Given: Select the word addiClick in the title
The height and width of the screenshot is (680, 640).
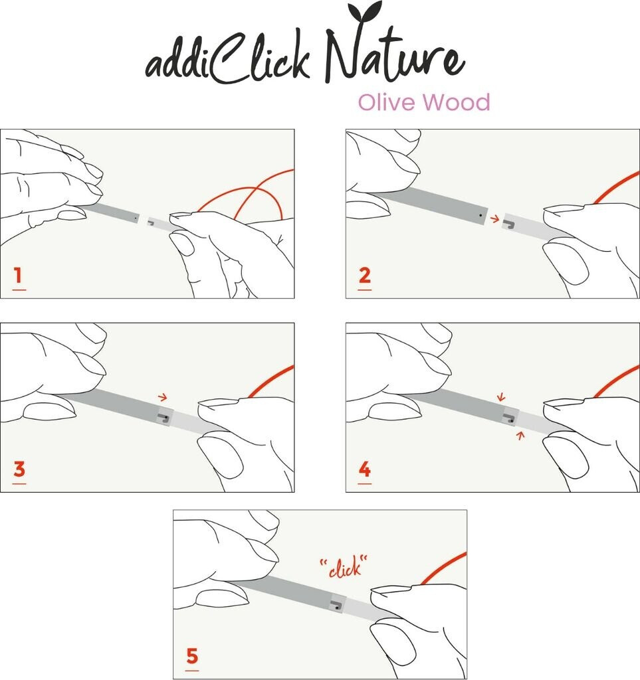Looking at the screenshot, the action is tap(228, 59).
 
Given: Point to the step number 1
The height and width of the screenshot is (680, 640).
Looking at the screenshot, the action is tap(18, 275).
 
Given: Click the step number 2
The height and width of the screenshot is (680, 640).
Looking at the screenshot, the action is tap(364, 275).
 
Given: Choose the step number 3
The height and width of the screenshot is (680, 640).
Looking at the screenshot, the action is tap(19, 469).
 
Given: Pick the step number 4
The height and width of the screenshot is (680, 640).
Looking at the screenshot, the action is tap(364, 469).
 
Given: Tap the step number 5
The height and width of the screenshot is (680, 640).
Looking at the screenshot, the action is tap(192, 655).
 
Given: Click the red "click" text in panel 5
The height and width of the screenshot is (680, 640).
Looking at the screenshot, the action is tap(343, 566).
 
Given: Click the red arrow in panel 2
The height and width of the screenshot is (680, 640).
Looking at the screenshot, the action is tap(494, 219).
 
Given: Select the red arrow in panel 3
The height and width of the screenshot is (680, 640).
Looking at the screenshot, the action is tap(162, 396).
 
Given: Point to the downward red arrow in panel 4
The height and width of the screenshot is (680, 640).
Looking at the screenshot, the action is tap(501, 396).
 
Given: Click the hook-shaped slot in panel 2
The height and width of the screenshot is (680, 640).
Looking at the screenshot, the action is tap(508, 224).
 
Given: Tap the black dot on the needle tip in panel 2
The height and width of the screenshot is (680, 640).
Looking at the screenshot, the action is tap(480, 214).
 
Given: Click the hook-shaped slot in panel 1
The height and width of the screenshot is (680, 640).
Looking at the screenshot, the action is tap(152, 223).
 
